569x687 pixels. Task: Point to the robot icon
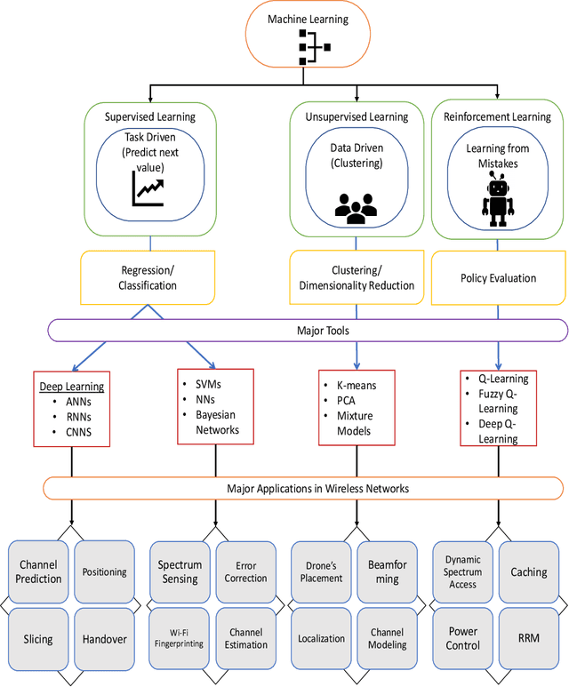pos(498,198)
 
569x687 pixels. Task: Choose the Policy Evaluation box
pos(499,277)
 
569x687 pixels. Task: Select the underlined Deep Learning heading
pos(71,387)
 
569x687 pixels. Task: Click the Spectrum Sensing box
pos(180,571)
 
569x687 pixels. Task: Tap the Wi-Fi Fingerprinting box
pos(179,638)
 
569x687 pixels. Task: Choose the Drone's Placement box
pos(321,571)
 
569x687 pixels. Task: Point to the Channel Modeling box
pos(388,638)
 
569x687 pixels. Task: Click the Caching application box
pos(528,571)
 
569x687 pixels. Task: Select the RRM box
pos(528,638)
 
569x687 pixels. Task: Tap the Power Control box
pos(462,638)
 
